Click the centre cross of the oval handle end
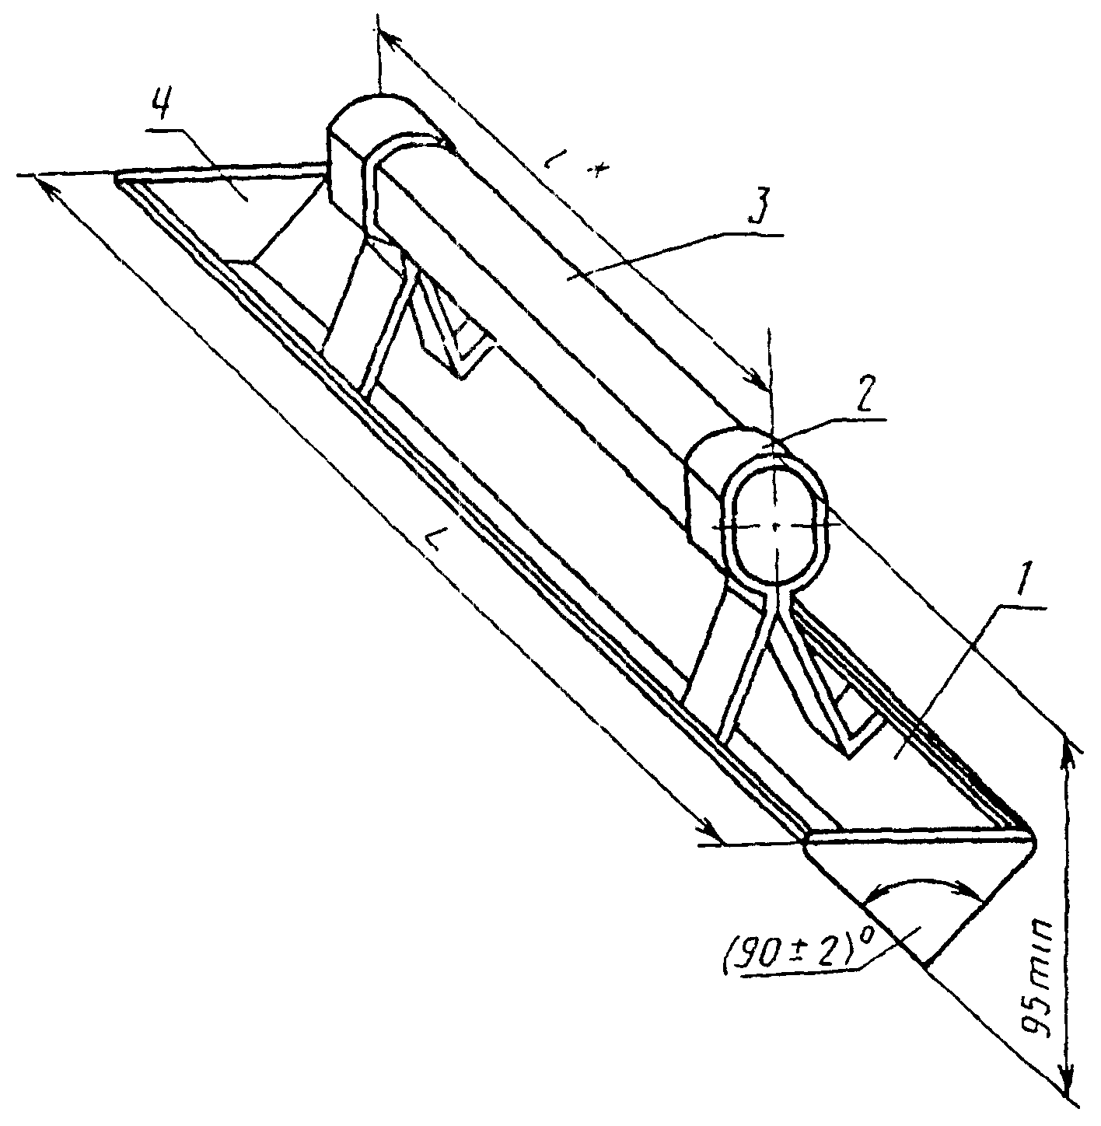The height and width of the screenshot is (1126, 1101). [776, 526]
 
